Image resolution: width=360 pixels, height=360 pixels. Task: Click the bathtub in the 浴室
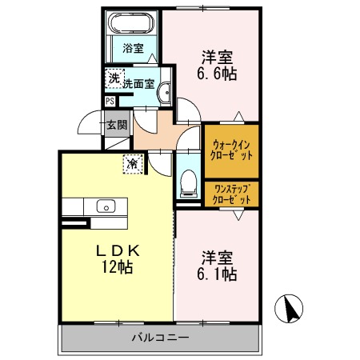(133, 22)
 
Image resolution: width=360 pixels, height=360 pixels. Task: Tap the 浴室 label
(133, 48)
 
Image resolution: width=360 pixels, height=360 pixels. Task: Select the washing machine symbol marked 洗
(114, 78)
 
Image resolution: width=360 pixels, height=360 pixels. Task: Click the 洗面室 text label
(139, 84)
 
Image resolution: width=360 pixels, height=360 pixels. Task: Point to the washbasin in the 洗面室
(164, 92)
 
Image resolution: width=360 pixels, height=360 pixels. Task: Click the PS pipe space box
(110, 102)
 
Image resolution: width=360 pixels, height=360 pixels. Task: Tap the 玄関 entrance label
(117, 125)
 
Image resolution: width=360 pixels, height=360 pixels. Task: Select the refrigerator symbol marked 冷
(133, 164)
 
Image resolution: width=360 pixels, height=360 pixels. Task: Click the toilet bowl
(188, 183)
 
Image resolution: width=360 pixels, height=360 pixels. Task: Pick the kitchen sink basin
(106, 206)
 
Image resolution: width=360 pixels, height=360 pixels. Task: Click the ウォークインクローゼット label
(231, 150)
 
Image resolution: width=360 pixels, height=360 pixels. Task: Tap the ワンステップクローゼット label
(231, 194)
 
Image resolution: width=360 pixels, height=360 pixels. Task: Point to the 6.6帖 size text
(217, 74)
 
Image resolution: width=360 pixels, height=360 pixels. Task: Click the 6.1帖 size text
(217, 274)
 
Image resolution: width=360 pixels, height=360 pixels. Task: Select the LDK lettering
(118, 250)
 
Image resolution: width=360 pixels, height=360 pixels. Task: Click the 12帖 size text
(118, 267)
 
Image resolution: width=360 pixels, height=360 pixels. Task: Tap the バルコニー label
(160, 338)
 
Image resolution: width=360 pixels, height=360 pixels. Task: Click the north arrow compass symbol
(289, 309)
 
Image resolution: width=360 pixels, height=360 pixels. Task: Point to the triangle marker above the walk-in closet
(239, 116)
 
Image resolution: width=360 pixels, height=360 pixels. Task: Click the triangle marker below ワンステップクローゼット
(238, 215)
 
